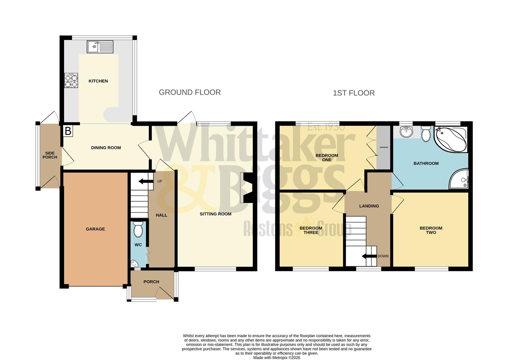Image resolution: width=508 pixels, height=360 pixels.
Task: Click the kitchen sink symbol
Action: pos(100,47)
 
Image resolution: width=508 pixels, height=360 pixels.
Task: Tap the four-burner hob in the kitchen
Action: pos(71,80)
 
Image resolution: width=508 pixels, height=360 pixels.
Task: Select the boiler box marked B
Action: pos(68,131)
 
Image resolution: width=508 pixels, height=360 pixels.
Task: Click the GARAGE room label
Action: pos(95,229)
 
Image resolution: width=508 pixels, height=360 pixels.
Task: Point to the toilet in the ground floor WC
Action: pos(137,229)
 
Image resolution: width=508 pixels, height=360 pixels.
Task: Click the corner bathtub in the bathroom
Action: pos(450,138)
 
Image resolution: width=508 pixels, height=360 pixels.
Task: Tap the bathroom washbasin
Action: pos(406,132)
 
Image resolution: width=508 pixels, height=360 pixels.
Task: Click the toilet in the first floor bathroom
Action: pos(426,134)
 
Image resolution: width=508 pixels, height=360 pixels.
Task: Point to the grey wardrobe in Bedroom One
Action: pos(383,147)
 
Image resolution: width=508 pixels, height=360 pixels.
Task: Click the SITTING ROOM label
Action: pos(215,214)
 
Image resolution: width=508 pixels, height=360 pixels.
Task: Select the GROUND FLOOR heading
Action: pos(190,92)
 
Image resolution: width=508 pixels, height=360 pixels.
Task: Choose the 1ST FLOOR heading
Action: pos(354,93)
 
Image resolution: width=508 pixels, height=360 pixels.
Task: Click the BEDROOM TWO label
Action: pos(431,230)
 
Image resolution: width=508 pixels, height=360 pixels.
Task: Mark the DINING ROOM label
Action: pos(106,148)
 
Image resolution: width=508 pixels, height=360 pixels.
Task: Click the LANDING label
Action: pos(369,206)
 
